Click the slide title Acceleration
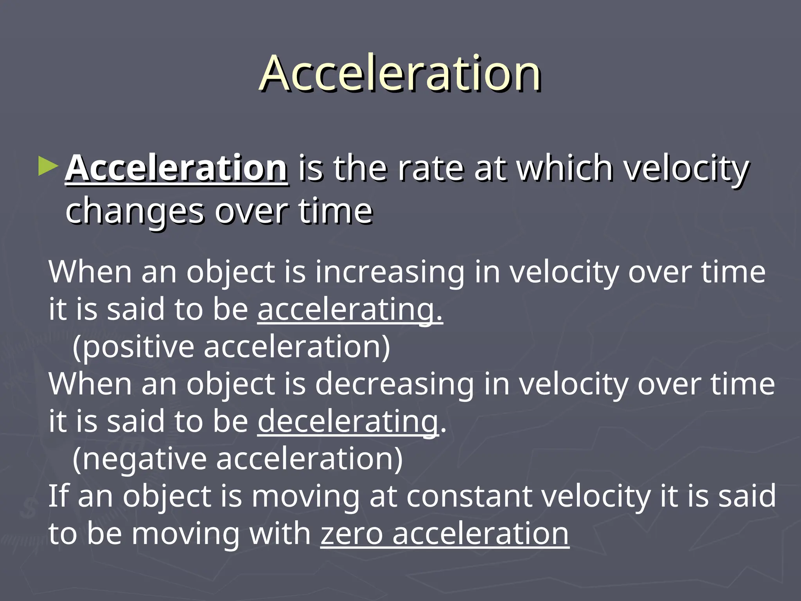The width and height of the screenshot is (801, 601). (400, 73)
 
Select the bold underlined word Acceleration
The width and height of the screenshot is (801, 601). (177, 168)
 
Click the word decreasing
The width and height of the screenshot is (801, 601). (394, 384)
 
